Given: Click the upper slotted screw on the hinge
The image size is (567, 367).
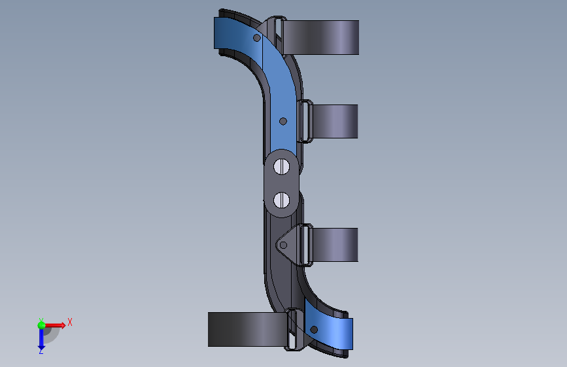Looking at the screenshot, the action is point(281,167).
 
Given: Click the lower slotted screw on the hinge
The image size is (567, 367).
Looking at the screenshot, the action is point(281,200).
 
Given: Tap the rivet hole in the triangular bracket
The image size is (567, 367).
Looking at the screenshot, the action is point(284,246).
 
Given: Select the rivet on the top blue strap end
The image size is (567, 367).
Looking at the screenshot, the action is point(257,38).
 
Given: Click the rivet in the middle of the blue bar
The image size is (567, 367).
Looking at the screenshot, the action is point(283,121).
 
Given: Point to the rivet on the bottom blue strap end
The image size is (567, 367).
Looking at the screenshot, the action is point(314,329).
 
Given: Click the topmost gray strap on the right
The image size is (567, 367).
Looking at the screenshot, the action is point(320,38).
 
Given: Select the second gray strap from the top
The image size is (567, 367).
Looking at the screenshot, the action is point(334,121).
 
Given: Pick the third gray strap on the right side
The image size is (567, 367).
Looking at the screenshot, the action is point(334,244).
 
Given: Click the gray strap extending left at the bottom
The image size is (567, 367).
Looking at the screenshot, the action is point(248,329).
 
